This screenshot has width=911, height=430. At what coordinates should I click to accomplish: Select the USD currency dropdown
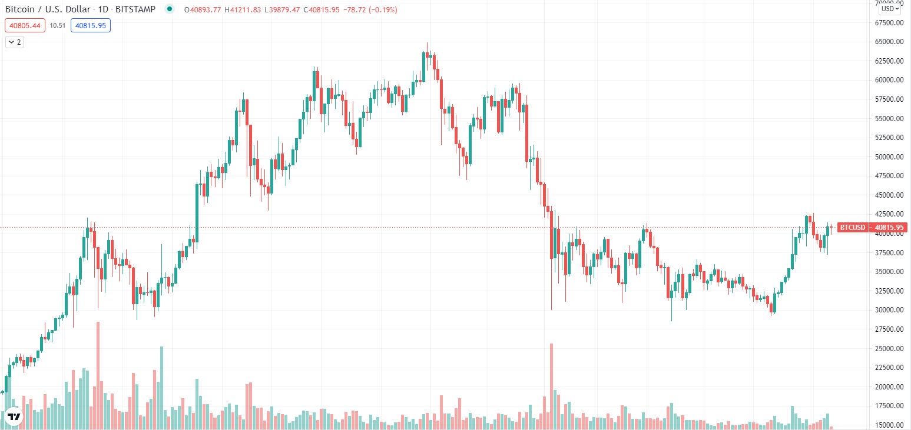click(890, 9)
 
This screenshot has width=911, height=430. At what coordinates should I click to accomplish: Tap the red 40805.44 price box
click(24, 25)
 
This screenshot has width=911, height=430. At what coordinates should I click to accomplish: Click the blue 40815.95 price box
click(90, 25)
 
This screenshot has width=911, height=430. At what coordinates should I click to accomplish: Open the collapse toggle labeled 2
click(15, 42)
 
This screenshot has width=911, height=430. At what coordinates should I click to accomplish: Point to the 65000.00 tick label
click(889, 42)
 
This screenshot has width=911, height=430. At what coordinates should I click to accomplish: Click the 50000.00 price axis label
click(889, 157)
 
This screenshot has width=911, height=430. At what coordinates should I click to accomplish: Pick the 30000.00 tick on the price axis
click(889, 310)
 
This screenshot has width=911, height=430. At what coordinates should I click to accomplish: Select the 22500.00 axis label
click(889, 368)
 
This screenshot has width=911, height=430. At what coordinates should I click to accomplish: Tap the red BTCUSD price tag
click(852, 227)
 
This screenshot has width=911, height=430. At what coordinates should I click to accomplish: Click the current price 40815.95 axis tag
click(890, 227)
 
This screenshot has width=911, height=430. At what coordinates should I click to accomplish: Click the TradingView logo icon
click(14, 416)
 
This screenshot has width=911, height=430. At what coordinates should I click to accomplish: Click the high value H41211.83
click(243, 10)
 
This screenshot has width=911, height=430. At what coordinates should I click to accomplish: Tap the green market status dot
click(170, 9)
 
